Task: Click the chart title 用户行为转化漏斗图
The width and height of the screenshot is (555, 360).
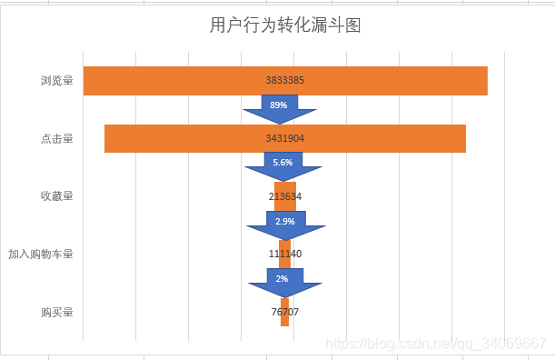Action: (285, 25)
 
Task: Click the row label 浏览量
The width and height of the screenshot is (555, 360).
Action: (56, 80)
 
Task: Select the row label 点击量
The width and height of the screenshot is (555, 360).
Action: (56, 138)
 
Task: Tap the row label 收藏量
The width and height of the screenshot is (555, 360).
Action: (56, 195)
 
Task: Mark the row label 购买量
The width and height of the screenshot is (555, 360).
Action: (56, 312)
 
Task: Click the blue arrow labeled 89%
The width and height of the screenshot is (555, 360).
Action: (279, 108)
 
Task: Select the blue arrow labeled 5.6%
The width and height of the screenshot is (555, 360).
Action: (282, 165)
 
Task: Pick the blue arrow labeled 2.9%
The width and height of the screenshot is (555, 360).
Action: (285, 223)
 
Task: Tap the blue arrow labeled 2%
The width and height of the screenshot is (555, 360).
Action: (283, 281)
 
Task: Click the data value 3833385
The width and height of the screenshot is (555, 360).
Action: (284, 80)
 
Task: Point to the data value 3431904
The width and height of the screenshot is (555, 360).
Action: (284, 138)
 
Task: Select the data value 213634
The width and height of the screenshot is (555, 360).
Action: (285, 196)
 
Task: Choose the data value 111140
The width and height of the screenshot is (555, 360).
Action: (285, 255)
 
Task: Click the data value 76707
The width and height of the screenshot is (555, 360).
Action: (284, 312)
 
